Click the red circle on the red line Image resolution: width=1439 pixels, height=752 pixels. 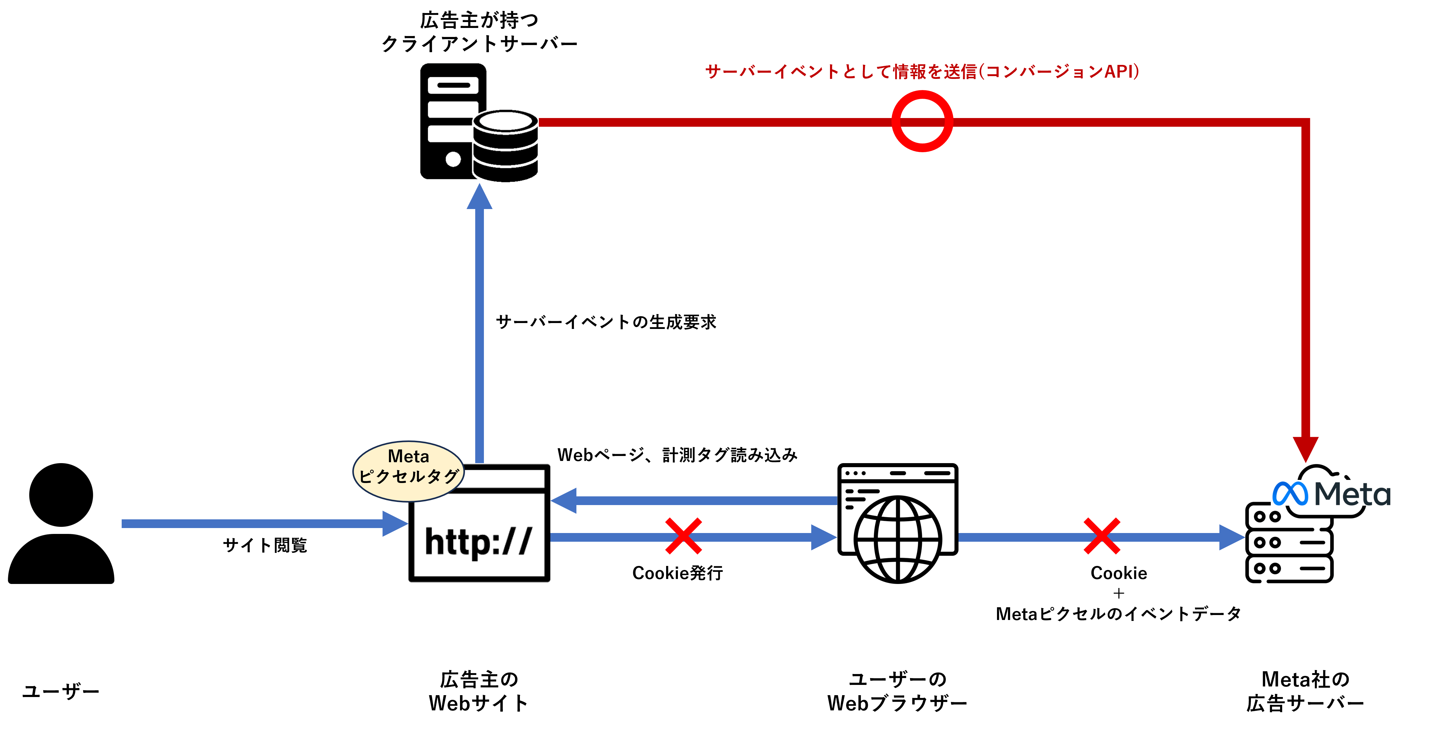922,121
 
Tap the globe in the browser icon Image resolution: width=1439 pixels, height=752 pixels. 898,540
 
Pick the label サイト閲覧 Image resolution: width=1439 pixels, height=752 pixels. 265,545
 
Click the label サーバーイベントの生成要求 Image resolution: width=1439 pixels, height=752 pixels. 606,322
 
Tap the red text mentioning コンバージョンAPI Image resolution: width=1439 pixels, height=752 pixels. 922,71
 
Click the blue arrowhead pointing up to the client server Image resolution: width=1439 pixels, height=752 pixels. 479,197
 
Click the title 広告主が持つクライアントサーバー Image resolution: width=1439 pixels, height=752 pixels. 479,32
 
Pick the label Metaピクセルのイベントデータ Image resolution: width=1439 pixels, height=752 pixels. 1118,614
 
